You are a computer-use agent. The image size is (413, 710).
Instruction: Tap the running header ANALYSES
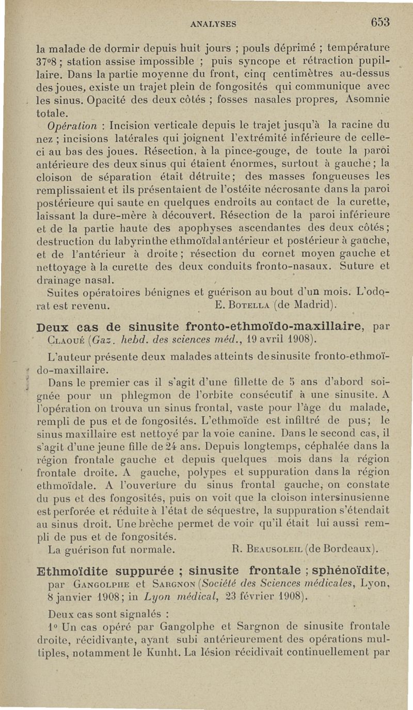(213, 24)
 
